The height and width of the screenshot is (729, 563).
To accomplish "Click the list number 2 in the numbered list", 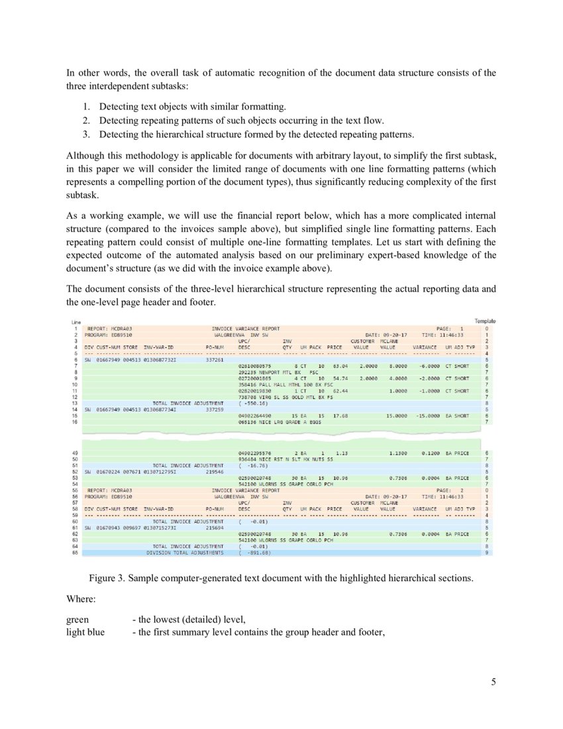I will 86,120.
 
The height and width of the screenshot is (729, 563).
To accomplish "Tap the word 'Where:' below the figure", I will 81,599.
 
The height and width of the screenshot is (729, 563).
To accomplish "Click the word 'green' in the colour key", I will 77,620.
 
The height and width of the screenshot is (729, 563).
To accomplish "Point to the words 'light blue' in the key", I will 85,632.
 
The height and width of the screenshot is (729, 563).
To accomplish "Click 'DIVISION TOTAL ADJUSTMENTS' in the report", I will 185,552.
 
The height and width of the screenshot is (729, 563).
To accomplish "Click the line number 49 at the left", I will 76,452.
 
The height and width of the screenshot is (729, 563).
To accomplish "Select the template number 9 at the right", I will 487,552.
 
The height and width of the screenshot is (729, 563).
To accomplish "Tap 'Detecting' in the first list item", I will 117,106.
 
